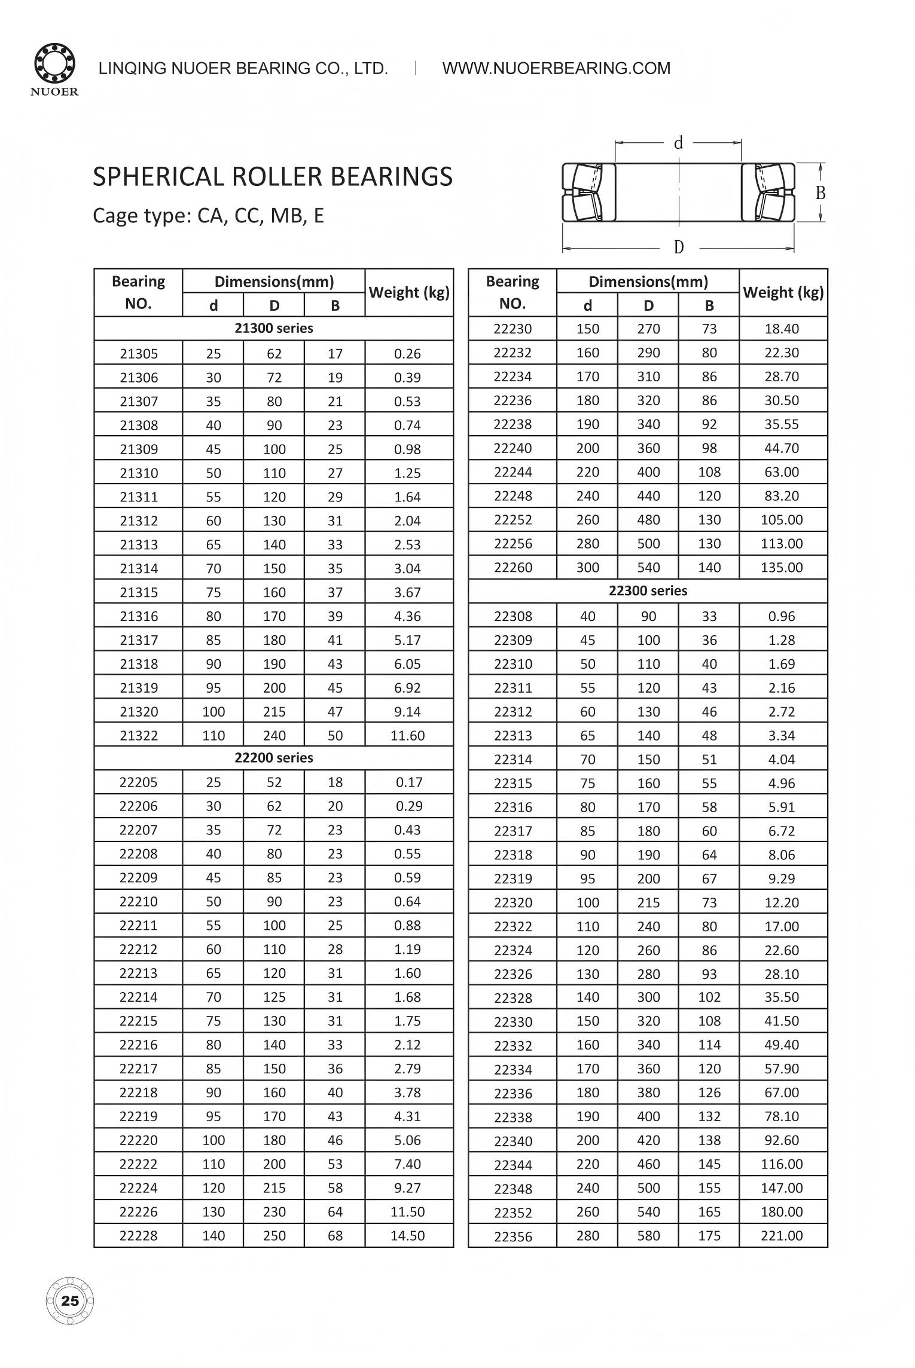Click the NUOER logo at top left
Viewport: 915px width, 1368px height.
[54, 68]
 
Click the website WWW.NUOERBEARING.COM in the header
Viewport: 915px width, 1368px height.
[556, 68]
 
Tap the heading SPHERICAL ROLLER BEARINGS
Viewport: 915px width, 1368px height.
[273, 177]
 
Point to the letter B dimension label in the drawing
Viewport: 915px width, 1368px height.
[821, 193]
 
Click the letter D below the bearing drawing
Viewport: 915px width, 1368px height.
[679, 247]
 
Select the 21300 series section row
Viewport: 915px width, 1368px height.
[274, 328]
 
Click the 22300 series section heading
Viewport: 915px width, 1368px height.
[648, 590]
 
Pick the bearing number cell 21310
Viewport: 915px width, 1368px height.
[139, 473]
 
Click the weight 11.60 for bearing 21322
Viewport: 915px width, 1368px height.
[407, 735]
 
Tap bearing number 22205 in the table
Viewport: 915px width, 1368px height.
[139, 782]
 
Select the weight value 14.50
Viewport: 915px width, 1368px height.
[407, 1235]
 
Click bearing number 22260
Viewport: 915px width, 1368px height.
[513, 567]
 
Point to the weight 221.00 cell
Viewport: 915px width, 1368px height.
[782, 1235]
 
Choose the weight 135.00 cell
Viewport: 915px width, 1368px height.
[782, 567]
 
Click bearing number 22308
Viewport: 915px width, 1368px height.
[513, 616]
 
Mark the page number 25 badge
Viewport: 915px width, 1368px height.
[70, 1301]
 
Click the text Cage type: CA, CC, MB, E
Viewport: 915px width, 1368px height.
[208, 216]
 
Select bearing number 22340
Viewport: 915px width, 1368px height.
[513, 1141]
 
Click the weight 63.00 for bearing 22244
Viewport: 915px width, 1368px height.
[782, 472]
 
